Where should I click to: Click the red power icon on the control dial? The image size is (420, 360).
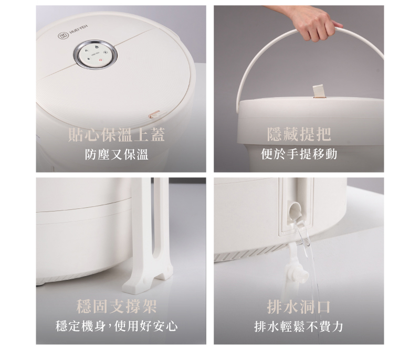(x=101, y=60)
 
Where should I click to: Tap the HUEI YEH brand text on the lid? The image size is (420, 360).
(x=78, y=29)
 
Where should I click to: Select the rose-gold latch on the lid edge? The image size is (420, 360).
(x=154, y=114)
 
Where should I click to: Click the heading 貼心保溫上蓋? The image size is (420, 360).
(x=117, y=134)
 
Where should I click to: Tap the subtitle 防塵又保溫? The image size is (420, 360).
(x=117, y=154)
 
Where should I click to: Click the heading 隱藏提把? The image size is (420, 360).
(x=299, y=134)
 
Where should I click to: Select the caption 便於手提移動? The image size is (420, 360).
(x=299, y=154)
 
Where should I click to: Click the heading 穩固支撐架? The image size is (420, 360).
(x=117, y=306)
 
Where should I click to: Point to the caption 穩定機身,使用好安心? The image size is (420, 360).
(x=117, y=326)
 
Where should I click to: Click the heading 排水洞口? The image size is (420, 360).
(x=299, y=306)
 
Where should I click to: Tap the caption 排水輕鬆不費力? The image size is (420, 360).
(x=299, y=326)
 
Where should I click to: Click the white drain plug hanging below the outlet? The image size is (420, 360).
(x=297, y=270)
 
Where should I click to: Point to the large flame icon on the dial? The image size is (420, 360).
(x=97, y=48)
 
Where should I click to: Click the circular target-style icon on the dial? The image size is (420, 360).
(x=106, y=52)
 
